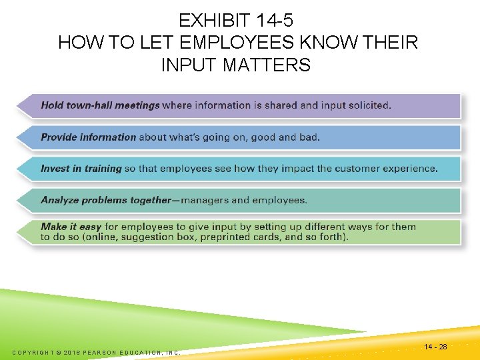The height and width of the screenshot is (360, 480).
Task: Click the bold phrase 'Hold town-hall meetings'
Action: (x=100, y=105)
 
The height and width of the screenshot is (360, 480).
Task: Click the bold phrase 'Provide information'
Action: (x=88, y=137)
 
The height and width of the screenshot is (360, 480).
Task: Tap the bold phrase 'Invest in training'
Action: (x=81, y=169)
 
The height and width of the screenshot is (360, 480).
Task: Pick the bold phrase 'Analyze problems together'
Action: (x=106, y=200)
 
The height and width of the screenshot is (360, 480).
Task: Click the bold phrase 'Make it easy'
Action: (x=71, y=227)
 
